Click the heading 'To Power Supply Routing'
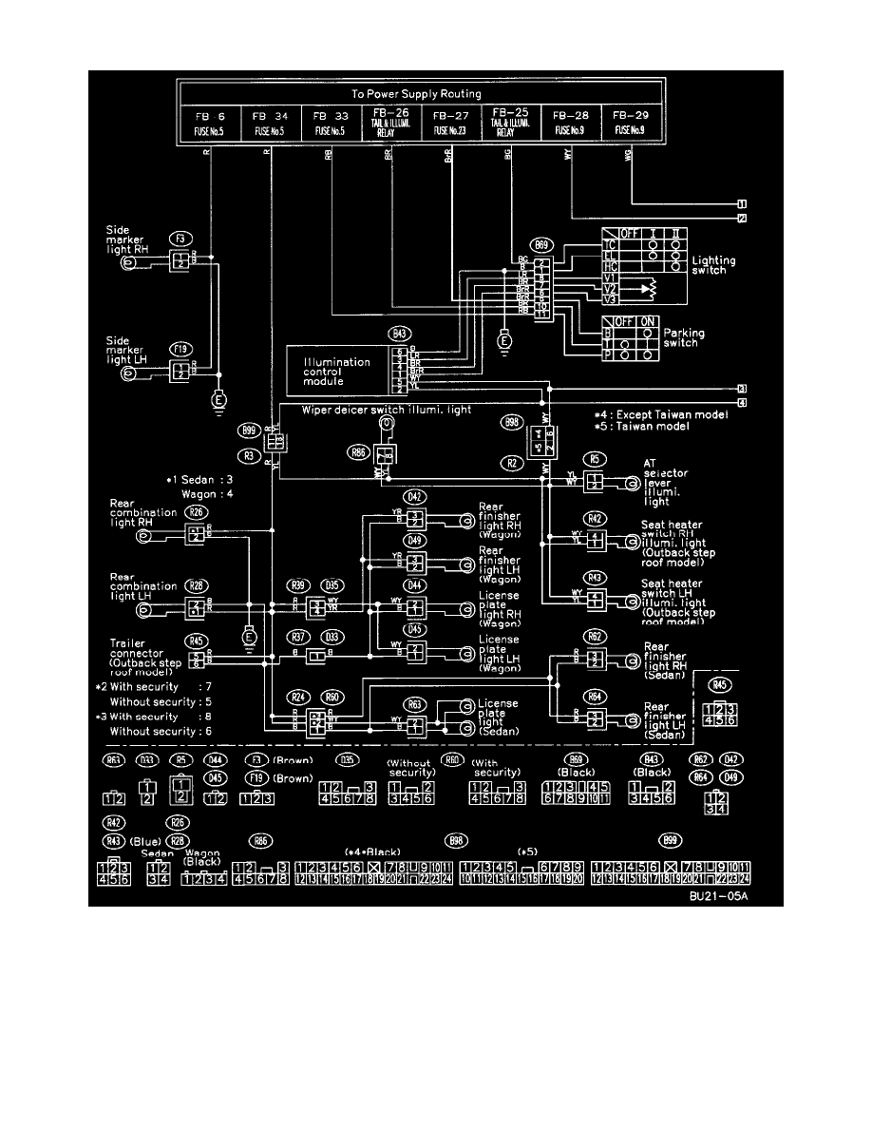coord(416,95)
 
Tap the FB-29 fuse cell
coord(629,124)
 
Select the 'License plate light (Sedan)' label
coord(502,720)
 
